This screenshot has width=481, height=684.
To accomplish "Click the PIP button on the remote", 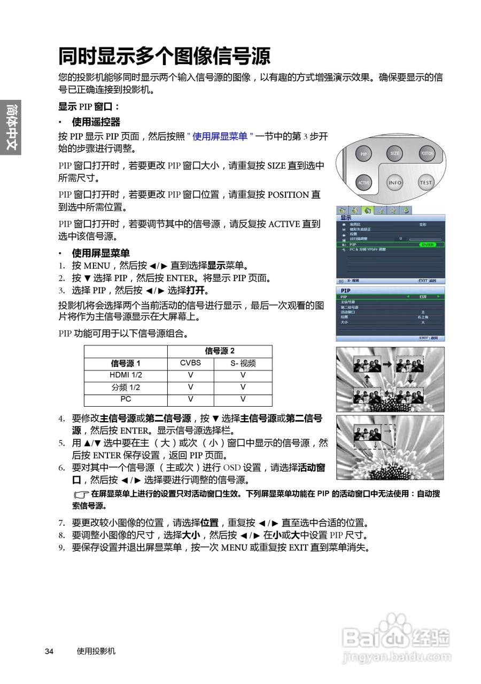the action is click(x=363, y=154).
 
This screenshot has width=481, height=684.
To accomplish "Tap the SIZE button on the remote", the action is click(x=394, y=153).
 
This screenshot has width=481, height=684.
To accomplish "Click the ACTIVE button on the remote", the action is click(x=363, y=183).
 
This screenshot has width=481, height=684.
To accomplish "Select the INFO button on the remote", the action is click(x=394, y=183).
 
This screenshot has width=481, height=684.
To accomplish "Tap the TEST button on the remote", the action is click(x=426, y=183).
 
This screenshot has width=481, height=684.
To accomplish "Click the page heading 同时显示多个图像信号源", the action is click(x=164, y=56).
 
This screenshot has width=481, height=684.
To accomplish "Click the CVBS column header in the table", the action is click(x=190, y=363).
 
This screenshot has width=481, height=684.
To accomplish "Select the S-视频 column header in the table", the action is click(x=243, y=363).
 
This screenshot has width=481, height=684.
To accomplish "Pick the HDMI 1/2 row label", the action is click(x=126, y=375).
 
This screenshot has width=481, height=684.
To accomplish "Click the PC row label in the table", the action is click(x=126, y=399).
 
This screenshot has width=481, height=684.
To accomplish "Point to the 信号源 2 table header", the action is click(x=220, y=351).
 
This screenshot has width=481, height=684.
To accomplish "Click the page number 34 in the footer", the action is click(x=49, y=651).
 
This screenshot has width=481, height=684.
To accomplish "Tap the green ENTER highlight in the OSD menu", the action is click(x=428, y=244).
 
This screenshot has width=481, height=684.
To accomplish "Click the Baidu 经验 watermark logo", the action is click(x=395, y=639).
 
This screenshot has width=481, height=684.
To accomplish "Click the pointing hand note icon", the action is click(x=81, y=495).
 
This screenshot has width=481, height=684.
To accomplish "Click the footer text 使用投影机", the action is click(x=96, y=651).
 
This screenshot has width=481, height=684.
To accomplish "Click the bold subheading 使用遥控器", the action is click(x=96, y=122).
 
